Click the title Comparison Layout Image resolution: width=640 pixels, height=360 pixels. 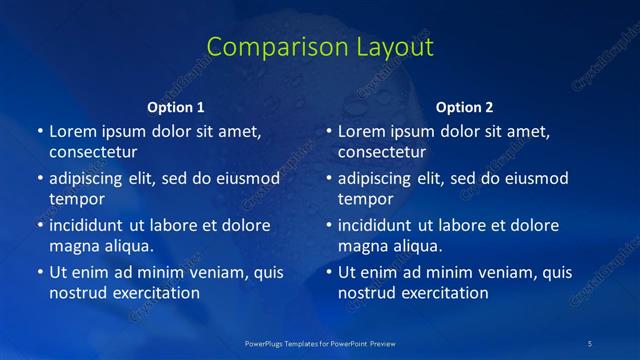(x=320, y=47)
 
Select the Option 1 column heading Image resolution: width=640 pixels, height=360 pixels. (x=176, y=107)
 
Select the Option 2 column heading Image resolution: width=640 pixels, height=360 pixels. (x=465, y=107)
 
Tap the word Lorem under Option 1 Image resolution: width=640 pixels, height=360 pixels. (x=72, y=131)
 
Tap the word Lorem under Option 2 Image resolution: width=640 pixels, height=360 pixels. (x=361, y=131)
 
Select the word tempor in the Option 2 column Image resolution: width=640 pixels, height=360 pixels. (x=366, y=199)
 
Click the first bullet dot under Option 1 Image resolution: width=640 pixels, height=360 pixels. (x=40, y=131)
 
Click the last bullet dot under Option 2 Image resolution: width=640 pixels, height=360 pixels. (x=329, y=272)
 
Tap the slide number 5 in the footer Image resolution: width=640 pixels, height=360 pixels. (x=590, y=343)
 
